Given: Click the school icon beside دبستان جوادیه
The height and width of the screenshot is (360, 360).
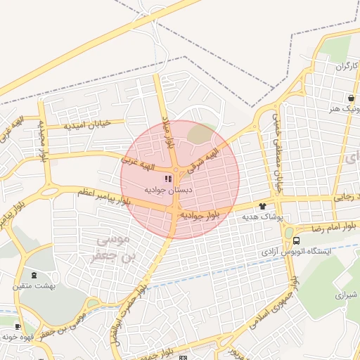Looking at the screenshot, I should (x=167, y=179).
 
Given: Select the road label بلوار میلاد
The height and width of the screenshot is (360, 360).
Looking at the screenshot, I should (x=168, y=131).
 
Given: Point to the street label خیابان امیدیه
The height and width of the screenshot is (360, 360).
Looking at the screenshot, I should (x=89, y=124).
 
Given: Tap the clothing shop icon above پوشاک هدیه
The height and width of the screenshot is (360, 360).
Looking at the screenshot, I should (x=263, y=206).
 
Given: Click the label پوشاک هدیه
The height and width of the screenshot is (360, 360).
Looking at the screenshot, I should (x=262, y=217).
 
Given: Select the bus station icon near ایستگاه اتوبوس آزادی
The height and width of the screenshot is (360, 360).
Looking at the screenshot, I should (x=296, y=240).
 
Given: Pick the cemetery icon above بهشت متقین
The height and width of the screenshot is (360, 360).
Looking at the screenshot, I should (x=35, y=275).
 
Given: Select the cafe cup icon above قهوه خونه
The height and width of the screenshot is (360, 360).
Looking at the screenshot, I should (x=18, y=326).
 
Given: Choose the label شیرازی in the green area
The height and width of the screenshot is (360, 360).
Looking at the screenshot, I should (x=344, y=295).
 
